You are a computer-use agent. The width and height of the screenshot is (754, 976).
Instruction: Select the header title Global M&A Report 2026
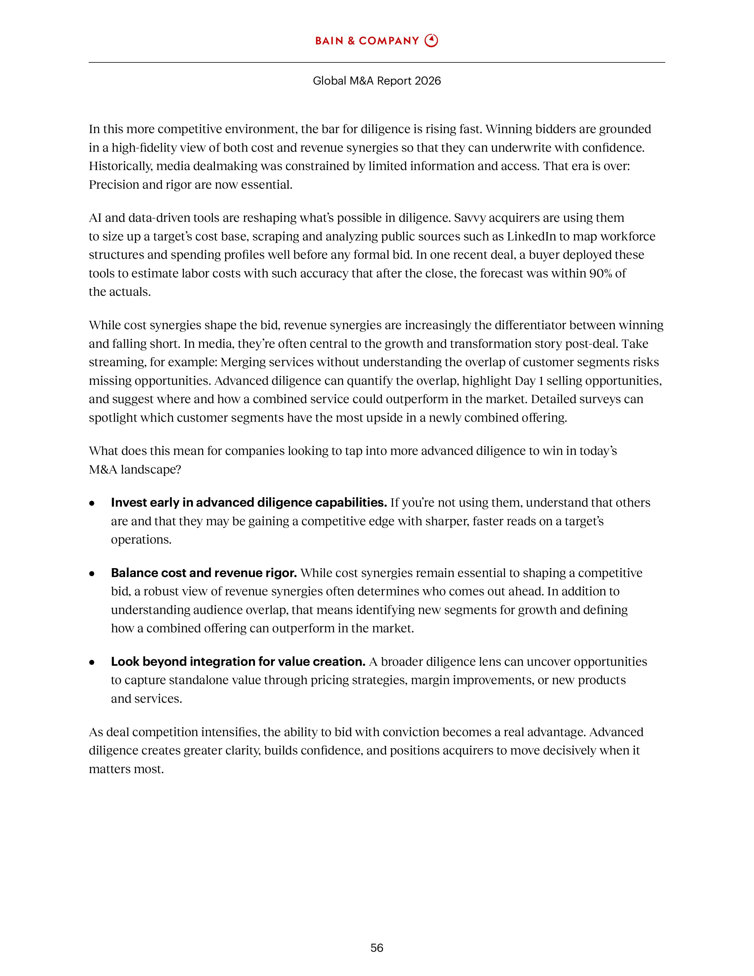point(376,80)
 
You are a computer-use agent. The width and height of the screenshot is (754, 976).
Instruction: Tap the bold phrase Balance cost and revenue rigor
point(204,573)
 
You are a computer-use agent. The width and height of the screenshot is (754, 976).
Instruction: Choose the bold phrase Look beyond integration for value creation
point(238,661)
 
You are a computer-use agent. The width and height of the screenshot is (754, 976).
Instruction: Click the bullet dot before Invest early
point(92,503)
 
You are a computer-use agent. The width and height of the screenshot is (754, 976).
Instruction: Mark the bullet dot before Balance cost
point(92,573)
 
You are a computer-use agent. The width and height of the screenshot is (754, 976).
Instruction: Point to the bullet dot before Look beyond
point(92,662)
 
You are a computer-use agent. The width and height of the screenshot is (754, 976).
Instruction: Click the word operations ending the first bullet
point(140,539)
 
